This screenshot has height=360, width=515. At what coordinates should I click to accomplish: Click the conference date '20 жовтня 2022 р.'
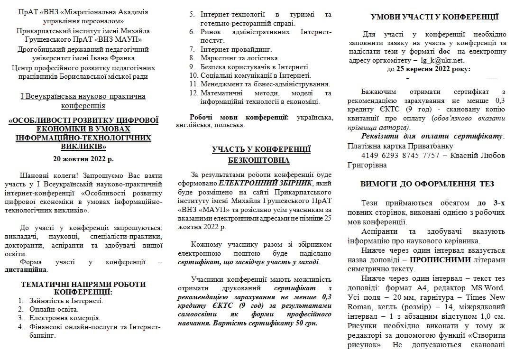(83, 159)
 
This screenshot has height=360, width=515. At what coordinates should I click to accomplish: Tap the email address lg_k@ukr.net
(442, 60)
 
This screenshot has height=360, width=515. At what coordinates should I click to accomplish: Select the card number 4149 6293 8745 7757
(400, 156)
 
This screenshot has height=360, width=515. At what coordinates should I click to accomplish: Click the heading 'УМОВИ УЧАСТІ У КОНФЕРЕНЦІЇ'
(434, 18)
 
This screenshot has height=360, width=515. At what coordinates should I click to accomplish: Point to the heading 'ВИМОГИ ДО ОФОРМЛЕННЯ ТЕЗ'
(427, 184)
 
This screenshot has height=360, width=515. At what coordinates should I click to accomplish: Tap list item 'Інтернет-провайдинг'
(236, 49)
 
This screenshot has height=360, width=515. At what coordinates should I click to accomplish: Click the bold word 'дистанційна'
(26, 269)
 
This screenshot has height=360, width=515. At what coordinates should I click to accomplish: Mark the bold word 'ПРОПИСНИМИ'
(440, 260)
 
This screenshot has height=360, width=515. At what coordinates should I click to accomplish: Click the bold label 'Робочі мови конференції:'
(239, 117)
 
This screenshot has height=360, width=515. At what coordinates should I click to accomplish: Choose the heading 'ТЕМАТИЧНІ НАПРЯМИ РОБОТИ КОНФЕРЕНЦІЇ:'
(83, 288)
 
